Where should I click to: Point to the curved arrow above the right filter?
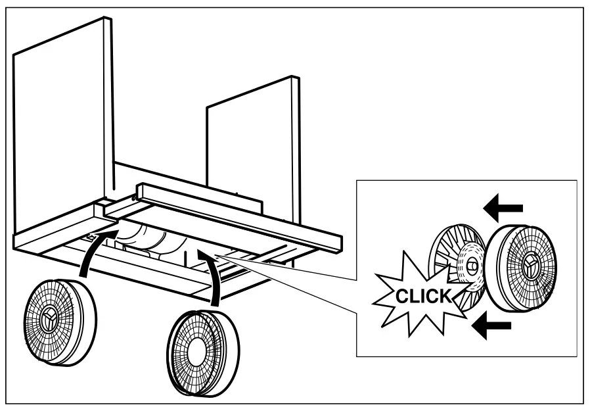[211, 276]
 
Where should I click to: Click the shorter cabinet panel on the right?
[253, 145]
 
